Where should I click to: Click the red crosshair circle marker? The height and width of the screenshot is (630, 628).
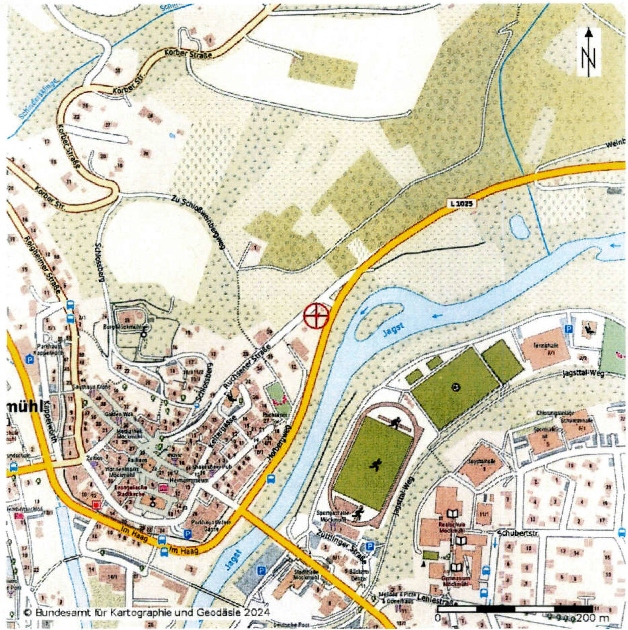pyautogui.click(x=316, y=316)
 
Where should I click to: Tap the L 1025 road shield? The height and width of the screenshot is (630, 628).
pyautogui.click(x=461, y=203)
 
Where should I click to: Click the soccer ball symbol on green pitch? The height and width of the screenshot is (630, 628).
pyautogui.click(x=455, y=387)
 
